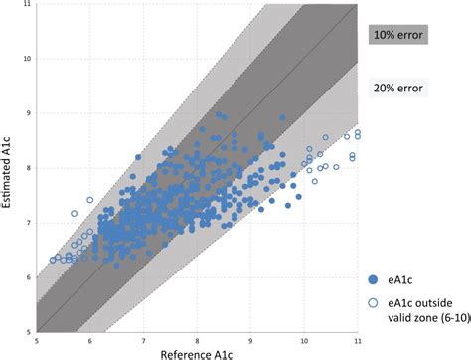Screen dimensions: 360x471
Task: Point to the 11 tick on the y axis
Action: pyautogui.click(x=28, y=5)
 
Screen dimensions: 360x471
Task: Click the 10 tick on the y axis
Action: pyautogui.click(x=28, y=59)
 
